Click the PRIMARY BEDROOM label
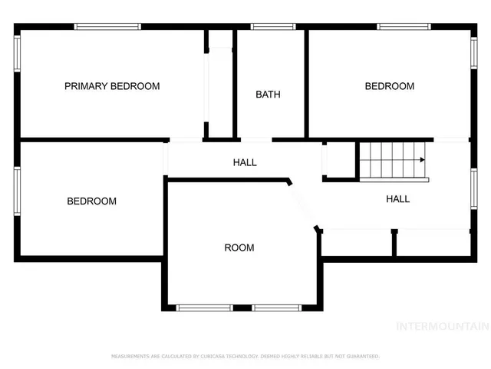(x=112, y=86)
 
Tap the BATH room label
(x=268, y=95)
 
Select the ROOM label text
(x=239, y=248)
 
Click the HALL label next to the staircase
(x=397, y=199)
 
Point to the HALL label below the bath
(x=245, y=162)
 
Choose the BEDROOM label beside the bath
(x=389, y=86)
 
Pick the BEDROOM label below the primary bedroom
(x=91, y=201)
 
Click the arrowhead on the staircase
(x=422, y=160)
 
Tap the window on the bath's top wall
(x=274, y=27)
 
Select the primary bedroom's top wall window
(x=107, y=27)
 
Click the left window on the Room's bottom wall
(x=204, y=307)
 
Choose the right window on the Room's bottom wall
(x=277, y=307)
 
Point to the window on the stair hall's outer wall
(x=473, y=189)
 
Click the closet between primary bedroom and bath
(x=220, y=85)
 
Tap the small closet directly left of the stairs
(x=339, y=160)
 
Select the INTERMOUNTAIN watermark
(x=442, y=326)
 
